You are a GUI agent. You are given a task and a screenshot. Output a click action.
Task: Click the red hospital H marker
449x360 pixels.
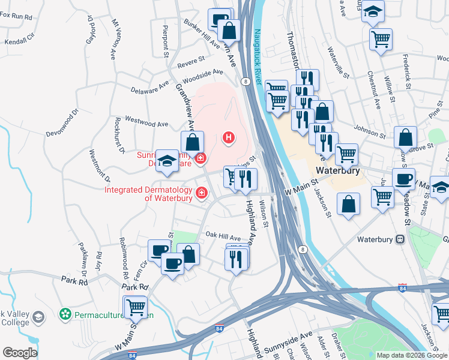click(228, 138)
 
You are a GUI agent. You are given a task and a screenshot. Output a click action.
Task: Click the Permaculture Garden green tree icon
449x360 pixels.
click(65, 314)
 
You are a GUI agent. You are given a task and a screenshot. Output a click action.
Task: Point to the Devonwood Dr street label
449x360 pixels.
click(62, 123)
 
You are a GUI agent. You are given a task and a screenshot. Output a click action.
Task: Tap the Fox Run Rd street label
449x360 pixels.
click(16, 16)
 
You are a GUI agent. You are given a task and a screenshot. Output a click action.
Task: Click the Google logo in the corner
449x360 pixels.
click(20, 352)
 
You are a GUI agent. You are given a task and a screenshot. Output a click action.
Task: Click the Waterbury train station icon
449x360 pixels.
click(400, 239)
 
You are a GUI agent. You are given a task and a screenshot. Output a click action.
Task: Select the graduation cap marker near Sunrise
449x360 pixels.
click(167, 160)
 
